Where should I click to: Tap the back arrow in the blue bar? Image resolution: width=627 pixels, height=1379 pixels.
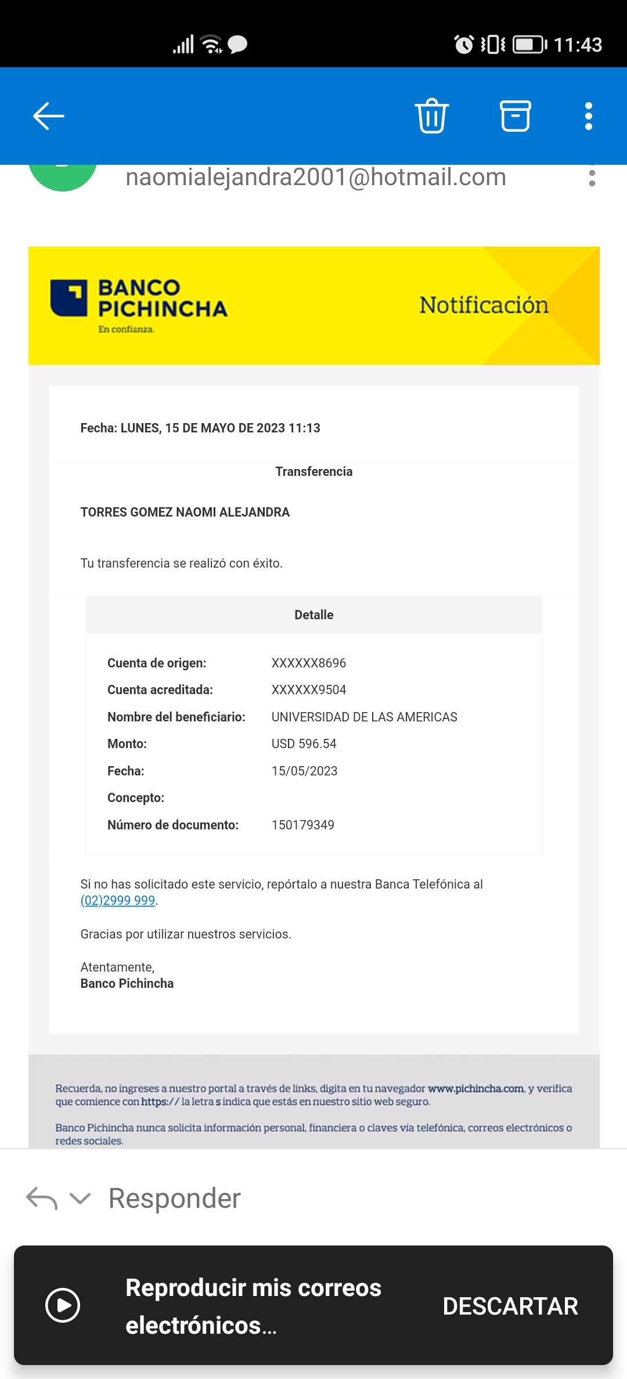pos(49,117)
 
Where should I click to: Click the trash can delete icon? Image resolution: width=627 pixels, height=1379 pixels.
pos(431,116)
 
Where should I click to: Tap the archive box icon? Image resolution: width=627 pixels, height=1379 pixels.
pos(515,116)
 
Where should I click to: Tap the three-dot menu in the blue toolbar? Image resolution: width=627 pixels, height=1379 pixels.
pos(588,116)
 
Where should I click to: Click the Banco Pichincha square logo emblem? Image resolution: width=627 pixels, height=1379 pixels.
pos(69,298)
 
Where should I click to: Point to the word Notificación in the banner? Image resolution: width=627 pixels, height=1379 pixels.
pos(484,305)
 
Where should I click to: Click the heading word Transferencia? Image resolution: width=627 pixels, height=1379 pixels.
pos(313,471)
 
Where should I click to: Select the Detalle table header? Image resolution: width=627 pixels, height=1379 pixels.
pos(313,615)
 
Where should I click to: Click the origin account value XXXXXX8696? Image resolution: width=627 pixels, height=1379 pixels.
pos(308,663)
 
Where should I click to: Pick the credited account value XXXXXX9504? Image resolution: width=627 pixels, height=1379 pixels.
pos(308,689)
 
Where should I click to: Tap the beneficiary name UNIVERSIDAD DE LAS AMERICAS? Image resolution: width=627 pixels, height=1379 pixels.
pos(364,717)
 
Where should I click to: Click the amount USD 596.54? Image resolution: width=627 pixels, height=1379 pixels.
pos(304,743)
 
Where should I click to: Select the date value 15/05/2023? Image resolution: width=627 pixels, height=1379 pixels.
pos(304,771)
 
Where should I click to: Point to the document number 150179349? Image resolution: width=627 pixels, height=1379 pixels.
pos(302,825)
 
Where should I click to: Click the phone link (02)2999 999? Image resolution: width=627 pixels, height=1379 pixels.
pos(118,900)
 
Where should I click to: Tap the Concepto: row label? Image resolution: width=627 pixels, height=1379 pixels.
pos(136,797)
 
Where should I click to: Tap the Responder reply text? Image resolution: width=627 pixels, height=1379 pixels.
pos(174,1198)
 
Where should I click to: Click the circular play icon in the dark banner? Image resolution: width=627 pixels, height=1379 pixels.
pos(63,1305)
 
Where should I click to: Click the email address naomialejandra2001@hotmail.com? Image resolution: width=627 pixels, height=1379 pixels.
pos(316,177)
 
